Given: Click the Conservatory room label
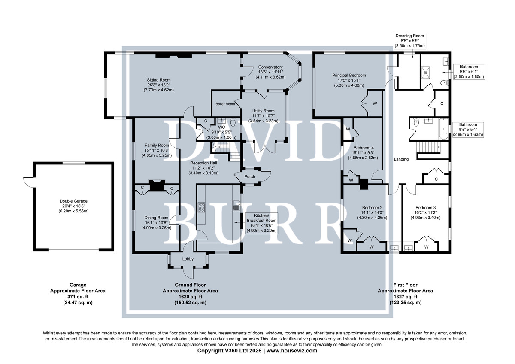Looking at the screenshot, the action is click(x=270, y=67).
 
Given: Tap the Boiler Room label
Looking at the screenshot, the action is click(x=225, y=104).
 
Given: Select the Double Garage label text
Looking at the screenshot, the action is click(x=73, y=201).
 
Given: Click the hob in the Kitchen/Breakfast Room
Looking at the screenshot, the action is click(x=201, y=207).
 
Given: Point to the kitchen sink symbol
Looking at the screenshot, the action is click(x=236, y=205).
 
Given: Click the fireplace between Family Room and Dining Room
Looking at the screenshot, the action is click(x=157, y=185).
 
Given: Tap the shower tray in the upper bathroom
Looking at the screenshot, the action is click(x=426, y=73).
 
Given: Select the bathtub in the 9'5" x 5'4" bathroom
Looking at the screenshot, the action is click(x=444, y=129).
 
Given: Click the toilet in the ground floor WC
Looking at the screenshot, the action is click(x=233, y=122).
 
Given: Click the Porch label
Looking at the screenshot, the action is click(x=250, y=176).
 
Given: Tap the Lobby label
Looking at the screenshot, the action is click(x=188, y=259).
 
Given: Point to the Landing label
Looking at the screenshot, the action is click(x=401, y=159).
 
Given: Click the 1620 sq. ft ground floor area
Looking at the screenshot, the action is click(x=190, y=297).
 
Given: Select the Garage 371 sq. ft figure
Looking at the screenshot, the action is click(x=78, y=297).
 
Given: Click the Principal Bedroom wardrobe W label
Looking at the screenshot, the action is click(x=375, y=104).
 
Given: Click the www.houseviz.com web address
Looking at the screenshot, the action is click(x=292, y=351).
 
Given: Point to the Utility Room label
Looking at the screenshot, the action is click(x=263, y=111).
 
